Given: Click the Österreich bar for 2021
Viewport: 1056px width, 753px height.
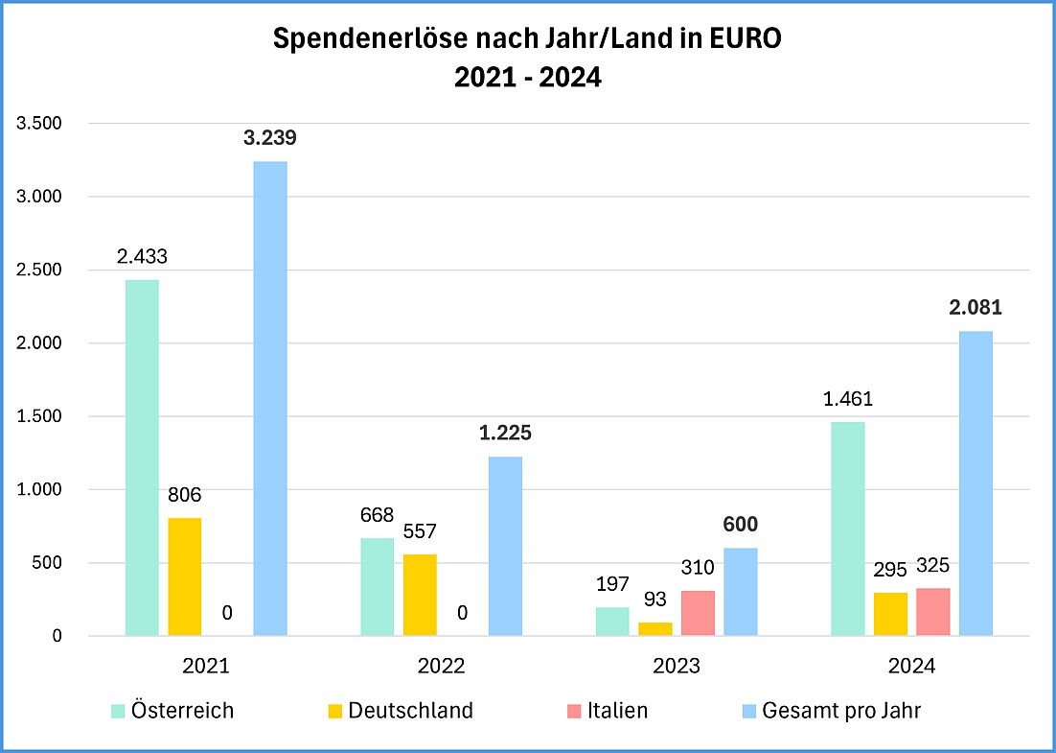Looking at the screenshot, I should pos(142,458).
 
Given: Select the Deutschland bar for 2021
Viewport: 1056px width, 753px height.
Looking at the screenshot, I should pos(185,577).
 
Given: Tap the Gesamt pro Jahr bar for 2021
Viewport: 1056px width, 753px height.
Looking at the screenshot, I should pos(270,398).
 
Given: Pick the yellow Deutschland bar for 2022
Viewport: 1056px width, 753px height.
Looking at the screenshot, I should pos(420,595).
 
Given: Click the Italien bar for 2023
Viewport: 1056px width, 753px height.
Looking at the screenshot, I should pos(698,613).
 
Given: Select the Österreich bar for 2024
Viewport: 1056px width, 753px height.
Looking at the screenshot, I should pos(847,529).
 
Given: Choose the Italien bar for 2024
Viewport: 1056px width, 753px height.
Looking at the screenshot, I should pos(932,611).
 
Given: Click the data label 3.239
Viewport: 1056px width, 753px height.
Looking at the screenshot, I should pos(269,138).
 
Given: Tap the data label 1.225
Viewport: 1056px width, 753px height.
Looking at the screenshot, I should pos(505,433).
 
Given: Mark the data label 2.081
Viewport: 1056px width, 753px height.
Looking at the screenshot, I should pos(976,308).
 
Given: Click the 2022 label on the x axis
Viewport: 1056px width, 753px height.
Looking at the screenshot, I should pos(442,666).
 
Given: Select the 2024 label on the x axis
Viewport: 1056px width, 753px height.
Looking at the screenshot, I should pos(911,666).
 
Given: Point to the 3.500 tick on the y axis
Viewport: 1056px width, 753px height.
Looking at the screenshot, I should pos(39,124).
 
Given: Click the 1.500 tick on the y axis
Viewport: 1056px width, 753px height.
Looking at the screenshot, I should pos(39,416).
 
